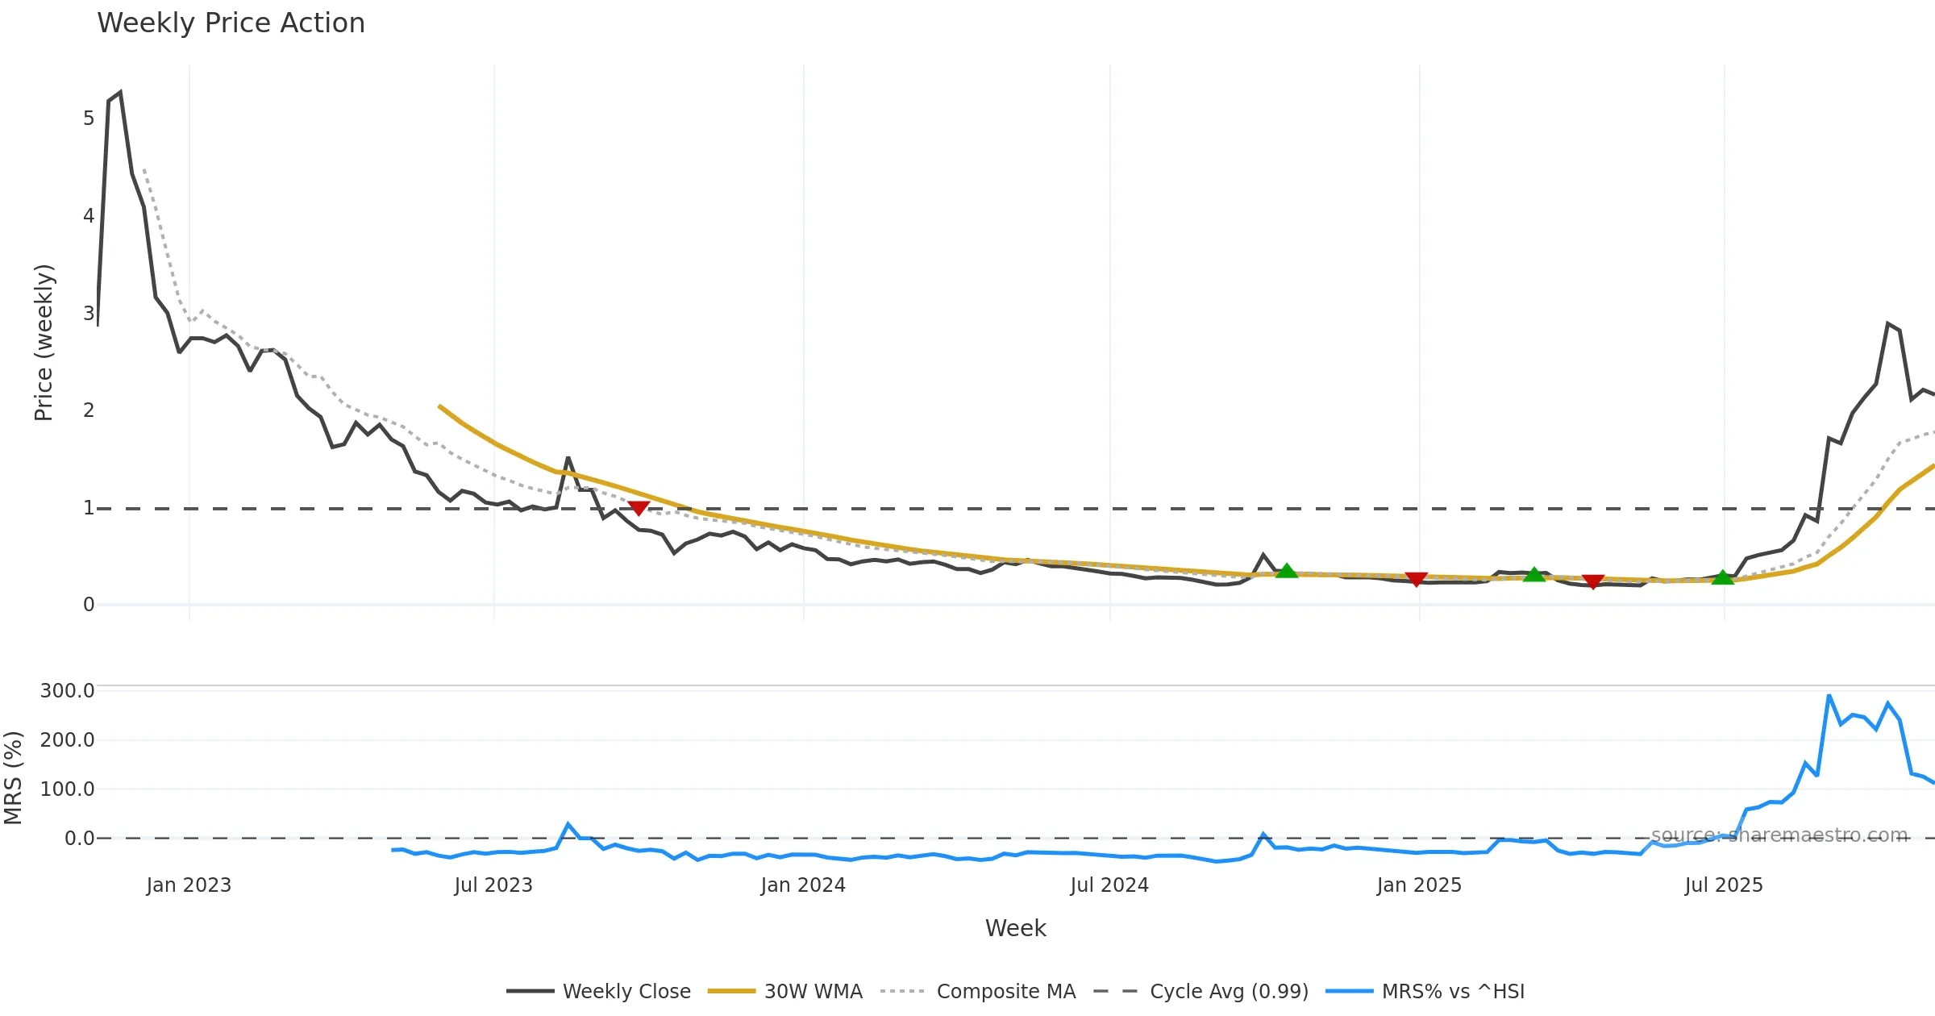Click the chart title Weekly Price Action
tap(231, 23)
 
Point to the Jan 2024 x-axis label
tap(803, 885)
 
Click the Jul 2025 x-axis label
tap(1724, 885)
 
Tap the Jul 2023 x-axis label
tap(493, 885)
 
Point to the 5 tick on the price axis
tap(89, 119)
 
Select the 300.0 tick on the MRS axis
tap(68, 691)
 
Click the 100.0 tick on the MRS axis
tap(68, 789)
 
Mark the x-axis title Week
tap(1015, 929)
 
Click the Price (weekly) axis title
tap(44, 343)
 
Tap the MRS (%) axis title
tap(13, 778)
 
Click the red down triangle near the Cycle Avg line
tap(639, 508)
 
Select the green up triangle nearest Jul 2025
tap(1722, 577)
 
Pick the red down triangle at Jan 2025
tap(1416, 579)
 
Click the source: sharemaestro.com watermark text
tap(1779, 835)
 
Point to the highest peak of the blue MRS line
tap(1829, 696)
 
